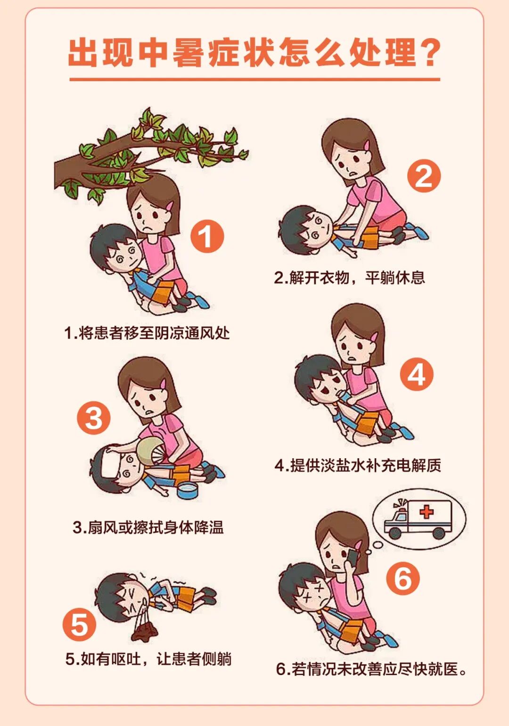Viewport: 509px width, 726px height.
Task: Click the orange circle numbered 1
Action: (x=207, y=236)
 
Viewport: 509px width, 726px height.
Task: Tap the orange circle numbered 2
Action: (x=424, y=176)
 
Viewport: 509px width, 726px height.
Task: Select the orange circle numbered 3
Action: (x=94, y=418)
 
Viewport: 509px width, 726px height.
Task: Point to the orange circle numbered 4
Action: (x=416, y=375)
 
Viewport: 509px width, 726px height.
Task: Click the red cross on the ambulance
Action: (x=427, y=512)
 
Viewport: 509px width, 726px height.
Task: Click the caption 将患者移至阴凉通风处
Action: (x=147, y=332)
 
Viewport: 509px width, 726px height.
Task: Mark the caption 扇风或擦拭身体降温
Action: (x=148, y=528)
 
